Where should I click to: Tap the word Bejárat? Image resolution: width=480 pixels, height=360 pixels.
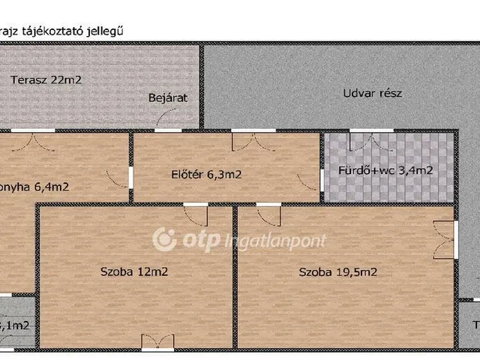coord(167,98)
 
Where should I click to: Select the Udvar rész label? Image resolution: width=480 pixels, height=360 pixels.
coord(373,94)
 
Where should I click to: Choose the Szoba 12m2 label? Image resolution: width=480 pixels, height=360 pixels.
coord(133,271)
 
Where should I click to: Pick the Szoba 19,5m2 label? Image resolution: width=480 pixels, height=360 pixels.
coord(337,271)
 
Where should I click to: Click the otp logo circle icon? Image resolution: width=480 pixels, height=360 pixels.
coord(164,240)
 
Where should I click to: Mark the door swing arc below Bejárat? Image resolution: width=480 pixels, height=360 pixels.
coord(169,118)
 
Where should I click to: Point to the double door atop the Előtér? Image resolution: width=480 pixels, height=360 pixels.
coord(253,140)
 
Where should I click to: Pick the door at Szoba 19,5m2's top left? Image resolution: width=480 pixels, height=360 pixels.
coord(268,215)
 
